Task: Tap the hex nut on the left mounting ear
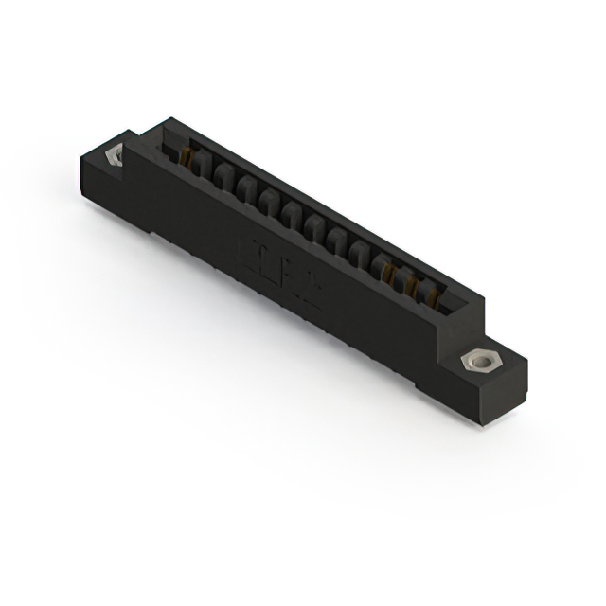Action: (x=114, y=154)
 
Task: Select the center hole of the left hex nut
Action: (x=115, y=154)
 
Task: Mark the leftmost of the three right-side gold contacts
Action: (x=388, y=272)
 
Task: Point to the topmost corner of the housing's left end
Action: (x=169, y=118)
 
